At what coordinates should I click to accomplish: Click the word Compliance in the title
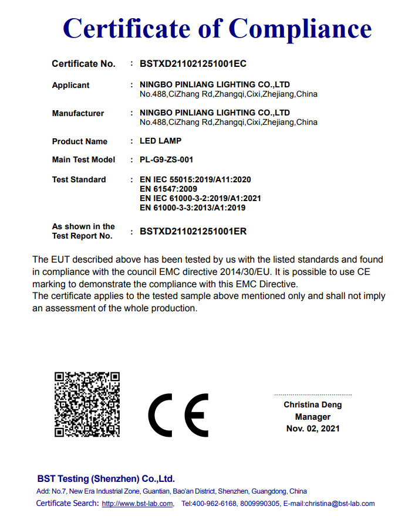(x=300, y=28)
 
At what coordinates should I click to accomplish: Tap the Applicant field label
(x=70, y=85)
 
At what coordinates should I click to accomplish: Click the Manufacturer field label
(x=77, y=113)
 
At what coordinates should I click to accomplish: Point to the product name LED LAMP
(x=160, y=141)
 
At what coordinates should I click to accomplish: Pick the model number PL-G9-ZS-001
(x=166, y=159)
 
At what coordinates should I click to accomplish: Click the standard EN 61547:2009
(x=168, y=189)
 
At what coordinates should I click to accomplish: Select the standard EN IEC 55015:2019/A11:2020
(x=195, y=179)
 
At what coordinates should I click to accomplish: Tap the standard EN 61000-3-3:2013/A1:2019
(x=193, y=208)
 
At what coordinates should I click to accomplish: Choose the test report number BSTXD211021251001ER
(x=193, y=231)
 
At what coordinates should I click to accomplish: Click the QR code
(x=87, y=404)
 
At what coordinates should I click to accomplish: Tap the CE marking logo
(x=178, y=415)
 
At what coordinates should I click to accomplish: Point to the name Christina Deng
(x=312, y=404)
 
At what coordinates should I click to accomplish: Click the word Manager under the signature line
(x=312, y=417)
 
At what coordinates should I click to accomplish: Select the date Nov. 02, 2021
(x=312, y=429)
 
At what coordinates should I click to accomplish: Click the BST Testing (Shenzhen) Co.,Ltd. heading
(x=106, y=478)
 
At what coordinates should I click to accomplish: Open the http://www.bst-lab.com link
(x=137, y=504)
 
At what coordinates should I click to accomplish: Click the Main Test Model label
(x=83, y=159)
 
